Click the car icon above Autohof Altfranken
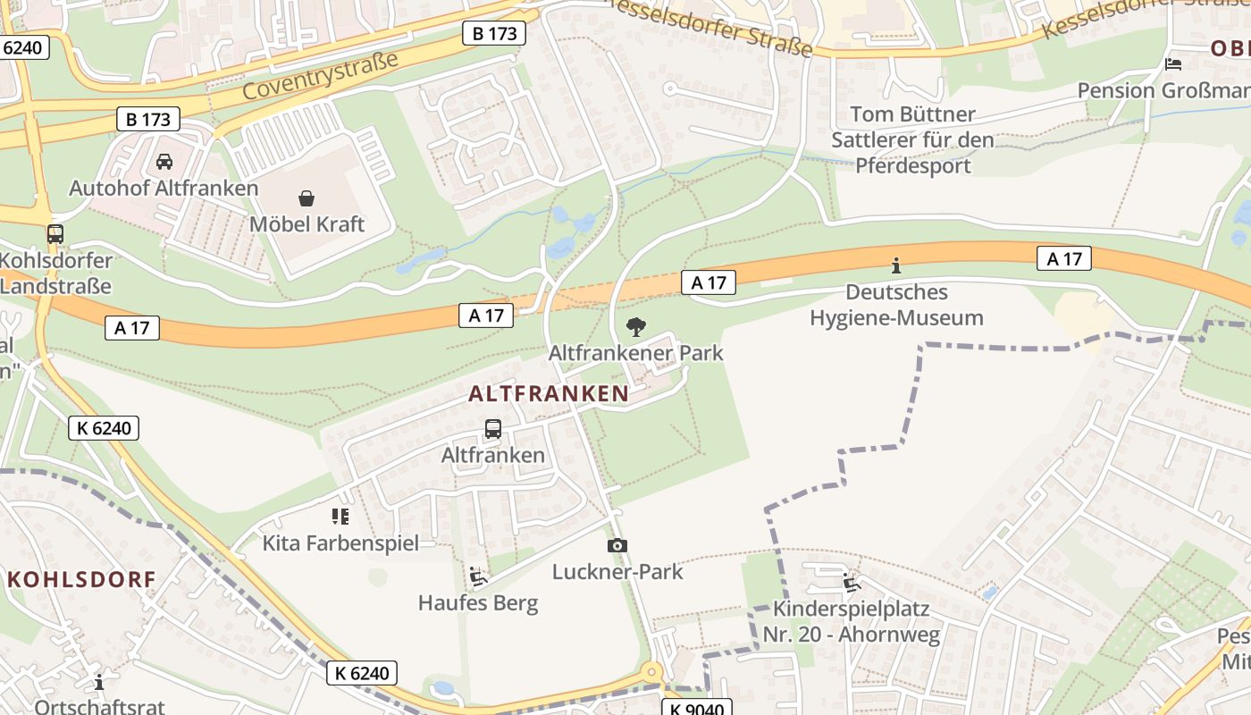point(164,162)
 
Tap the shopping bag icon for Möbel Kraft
point(306,198)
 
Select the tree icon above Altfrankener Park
point(635,326)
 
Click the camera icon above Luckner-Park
point(617,545)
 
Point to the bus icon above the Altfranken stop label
point(492,428)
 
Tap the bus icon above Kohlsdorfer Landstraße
point(55,234)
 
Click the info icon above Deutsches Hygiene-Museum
point(896,265)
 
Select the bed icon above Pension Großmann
point(1173,64)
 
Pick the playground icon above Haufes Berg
point(478,576)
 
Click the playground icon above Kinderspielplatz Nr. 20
point(852,583)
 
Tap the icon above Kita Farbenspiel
point(340,516)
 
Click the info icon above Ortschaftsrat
point(99,681)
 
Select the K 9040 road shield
point(696,707)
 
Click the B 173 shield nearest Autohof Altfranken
point(147,119)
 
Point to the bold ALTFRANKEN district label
point(548,393)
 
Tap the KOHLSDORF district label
point(81,579)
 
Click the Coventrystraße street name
point(319,76)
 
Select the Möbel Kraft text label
point(306,223)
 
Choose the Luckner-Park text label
point(617,571)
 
